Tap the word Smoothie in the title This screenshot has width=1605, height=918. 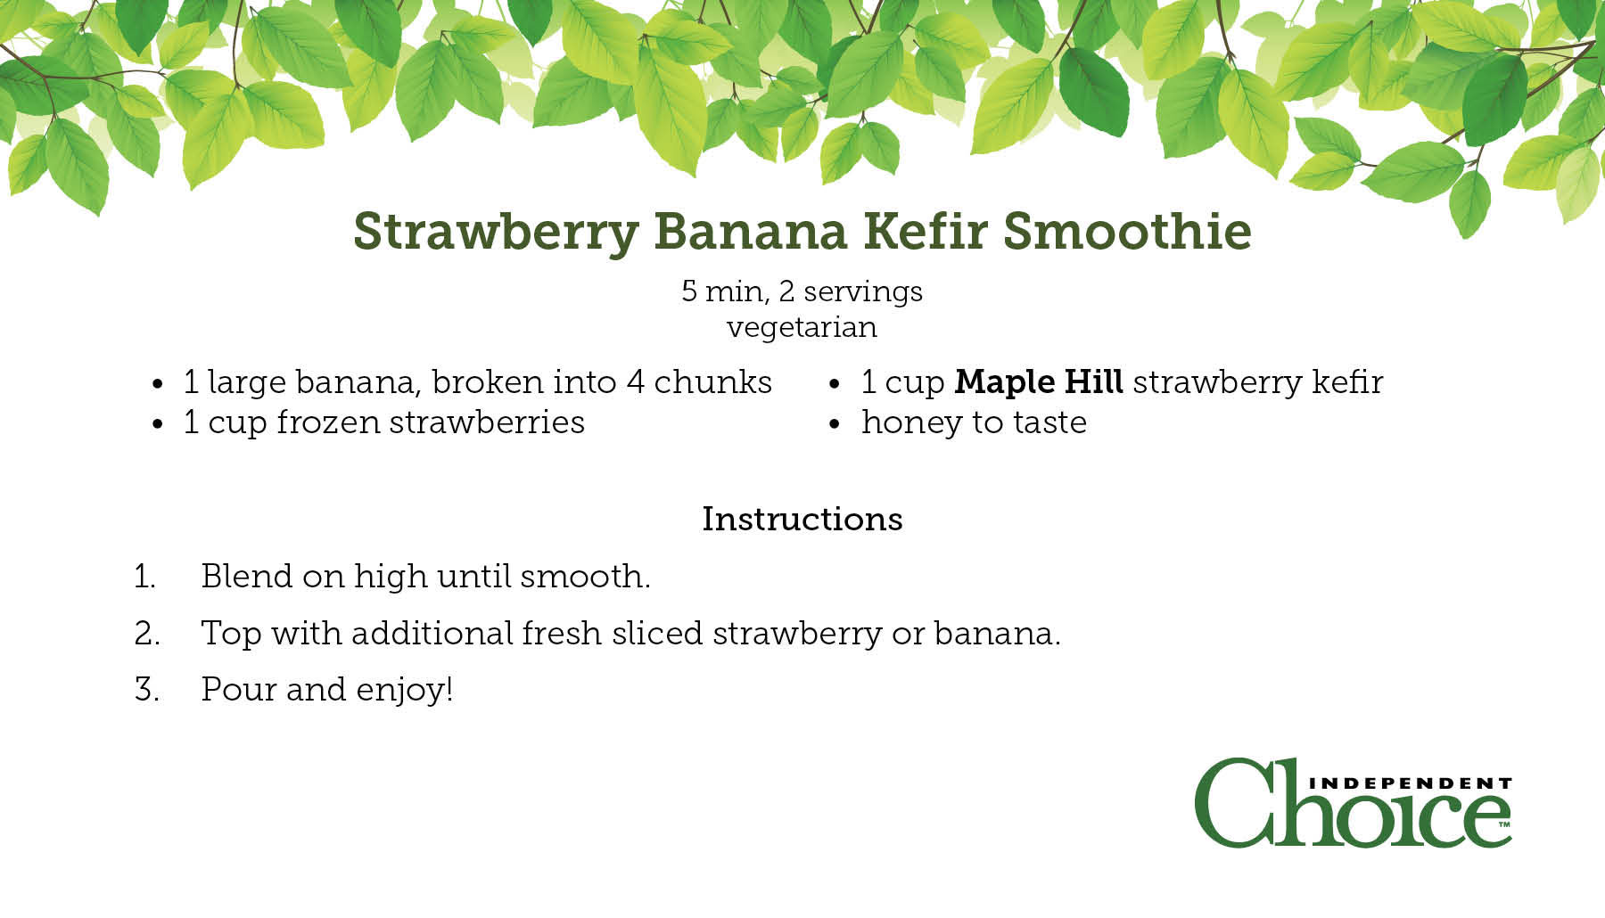coord(1127,231)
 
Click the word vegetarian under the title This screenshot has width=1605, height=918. coord(802,328)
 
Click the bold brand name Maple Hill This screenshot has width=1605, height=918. coord(1039,381)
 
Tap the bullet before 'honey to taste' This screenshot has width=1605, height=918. coord(835,424)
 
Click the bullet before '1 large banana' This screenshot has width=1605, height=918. coord(158,384)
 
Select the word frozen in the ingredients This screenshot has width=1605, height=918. coord(328,422)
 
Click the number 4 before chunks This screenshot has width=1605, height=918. coord(635,382)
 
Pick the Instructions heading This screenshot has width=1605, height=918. coord(802,519)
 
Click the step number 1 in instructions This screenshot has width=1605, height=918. coord(144,577)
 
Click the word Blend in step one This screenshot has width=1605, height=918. coord(247,576)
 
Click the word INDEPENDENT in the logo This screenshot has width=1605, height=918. coord(1410,783)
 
